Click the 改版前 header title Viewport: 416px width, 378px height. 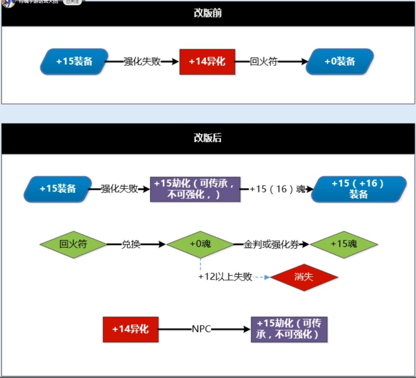coord(208,13)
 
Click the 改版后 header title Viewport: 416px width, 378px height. coord(208,138)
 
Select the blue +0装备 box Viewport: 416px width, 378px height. coord(340,62)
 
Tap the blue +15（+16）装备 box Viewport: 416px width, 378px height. coord(359,189)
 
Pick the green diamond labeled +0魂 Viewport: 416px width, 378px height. coord(200,244)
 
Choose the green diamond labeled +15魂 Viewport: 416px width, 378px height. coord(344,244)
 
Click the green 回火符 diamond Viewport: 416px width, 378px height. coord(73,244)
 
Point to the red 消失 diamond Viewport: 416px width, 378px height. coord(304,277)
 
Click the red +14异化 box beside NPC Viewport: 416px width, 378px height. coord(131,330)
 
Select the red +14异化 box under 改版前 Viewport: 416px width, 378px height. coord(207,62)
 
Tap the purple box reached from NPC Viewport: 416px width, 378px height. coord(289,329)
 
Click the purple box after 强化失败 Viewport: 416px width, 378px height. coord(195,189)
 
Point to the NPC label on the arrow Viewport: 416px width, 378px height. coord(201,330)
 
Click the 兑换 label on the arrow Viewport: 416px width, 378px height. coord(131,245)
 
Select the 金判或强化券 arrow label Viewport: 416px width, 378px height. coord(271,245)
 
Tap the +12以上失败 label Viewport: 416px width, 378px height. coord(225,277)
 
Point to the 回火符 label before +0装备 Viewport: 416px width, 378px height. coord(263,62)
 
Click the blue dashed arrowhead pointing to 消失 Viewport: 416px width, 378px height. coord(267,277)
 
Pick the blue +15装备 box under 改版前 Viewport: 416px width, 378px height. coord(74,62)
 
